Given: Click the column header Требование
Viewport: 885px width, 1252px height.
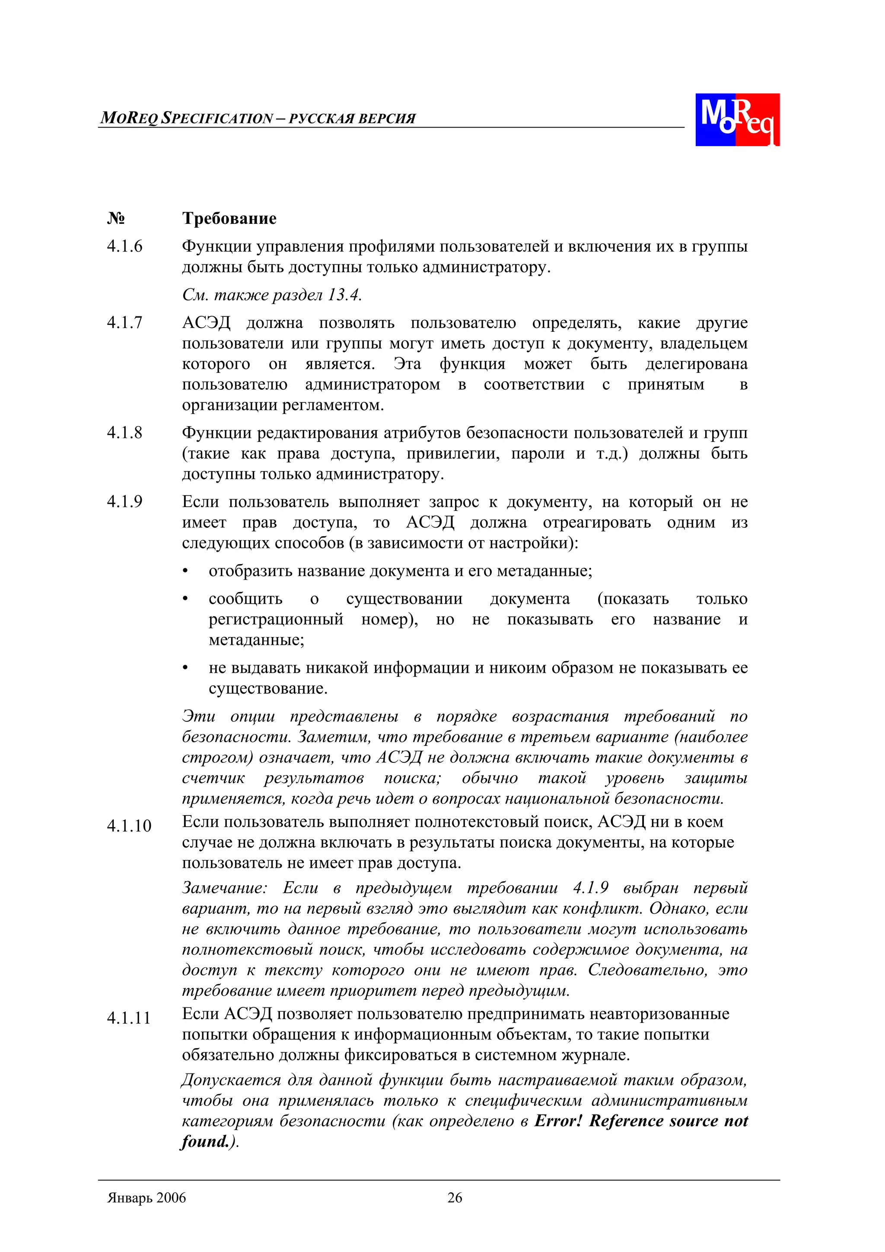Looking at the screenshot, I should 229,219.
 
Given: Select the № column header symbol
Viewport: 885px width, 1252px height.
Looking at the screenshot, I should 116,219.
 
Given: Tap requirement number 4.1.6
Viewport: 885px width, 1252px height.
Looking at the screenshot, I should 124,246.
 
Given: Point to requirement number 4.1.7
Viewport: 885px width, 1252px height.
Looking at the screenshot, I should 124,323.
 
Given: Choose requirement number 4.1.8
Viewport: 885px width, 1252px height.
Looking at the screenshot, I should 124,433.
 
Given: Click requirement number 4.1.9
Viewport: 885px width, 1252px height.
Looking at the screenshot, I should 124,502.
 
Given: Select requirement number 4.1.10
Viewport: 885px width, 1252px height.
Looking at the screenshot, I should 129,826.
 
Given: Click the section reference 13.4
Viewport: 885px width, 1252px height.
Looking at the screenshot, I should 344,296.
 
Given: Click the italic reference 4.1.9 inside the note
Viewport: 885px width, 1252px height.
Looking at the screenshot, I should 591,888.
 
